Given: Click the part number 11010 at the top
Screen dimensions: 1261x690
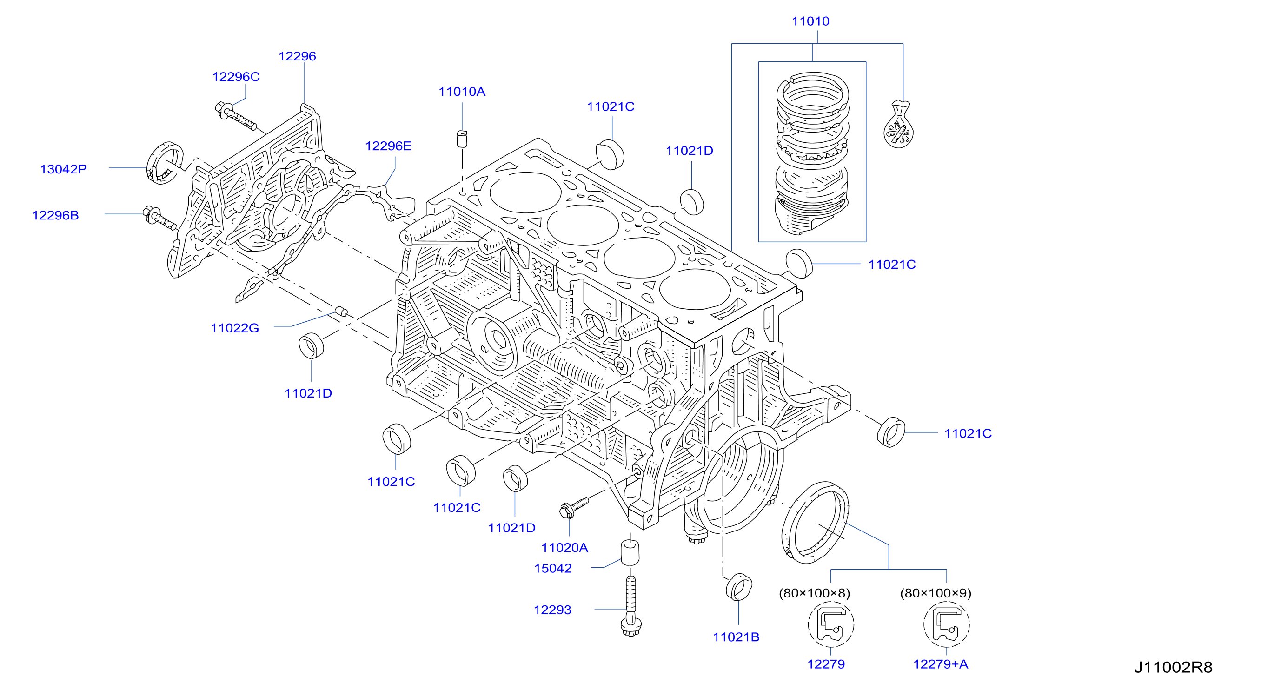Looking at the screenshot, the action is (x=810, y=21).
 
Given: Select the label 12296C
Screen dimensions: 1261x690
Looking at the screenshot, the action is (x=235, y=77).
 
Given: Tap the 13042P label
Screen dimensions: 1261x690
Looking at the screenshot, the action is (x=63, y=169).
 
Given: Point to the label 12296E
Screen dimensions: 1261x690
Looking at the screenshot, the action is (x=388, y=146).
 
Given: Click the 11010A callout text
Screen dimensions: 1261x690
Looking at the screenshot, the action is (x=462, y=92).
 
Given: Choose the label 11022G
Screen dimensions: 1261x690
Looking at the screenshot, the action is (x=234, y=328).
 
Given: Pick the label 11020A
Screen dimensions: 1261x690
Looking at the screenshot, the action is (x=564, y=548).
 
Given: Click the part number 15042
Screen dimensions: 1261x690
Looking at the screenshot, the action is (x=553, y=568).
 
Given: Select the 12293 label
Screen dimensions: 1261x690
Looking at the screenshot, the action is (x=552, y=610).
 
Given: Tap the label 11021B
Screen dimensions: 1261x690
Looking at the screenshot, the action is (x=736, y=637).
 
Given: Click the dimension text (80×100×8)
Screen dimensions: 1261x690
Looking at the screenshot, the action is (x=814, y=593).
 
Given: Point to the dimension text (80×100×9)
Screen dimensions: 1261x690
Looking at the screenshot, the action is (x=936, y=593).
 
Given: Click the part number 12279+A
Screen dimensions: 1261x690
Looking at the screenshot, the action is (x=940, y=664).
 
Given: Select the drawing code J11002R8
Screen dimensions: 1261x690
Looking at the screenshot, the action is (x=1173, y=667).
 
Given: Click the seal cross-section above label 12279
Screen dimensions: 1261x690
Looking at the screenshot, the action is (x=831, y=624).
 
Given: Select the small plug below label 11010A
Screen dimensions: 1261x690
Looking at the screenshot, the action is (x=462, y=139).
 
